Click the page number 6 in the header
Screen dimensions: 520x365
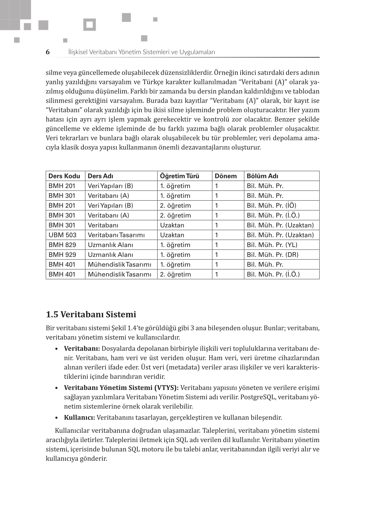click(x=48, y=52)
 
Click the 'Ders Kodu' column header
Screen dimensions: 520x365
click(x=64, y=176)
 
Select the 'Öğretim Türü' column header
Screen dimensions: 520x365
click(x=179, y=176)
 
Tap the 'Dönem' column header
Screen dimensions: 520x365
click(x=226, y=176)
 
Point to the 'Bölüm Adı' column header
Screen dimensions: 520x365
click(x=262, y=176)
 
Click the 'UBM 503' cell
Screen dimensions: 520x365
click(x=62, y=235)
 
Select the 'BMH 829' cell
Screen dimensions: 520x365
click(x=62, y=245)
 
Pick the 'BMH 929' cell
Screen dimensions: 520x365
click(x=62, y=255)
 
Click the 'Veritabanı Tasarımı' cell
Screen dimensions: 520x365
click(x=116, y=235)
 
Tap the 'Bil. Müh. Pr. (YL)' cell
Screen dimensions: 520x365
click(x=272, y=245)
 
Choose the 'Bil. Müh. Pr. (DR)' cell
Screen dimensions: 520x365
click(x=273, y=255)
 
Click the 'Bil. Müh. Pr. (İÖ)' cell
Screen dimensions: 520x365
click(x=271, y=205)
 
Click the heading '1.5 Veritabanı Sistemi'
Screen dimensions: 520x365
click(x=91, y=314)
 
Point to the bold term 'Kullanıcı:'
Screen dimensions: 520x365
click(x=79, y=418)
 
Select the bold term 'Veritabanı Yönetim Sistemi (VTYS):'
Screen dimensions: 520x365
click(x=121, y=388)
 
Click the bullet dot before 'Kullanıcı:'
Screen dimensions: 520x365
click(x=57, y=418)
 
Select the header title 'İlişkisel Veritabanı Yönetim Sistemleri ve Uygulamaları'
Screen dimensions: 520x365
click(x=141, y=52)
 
